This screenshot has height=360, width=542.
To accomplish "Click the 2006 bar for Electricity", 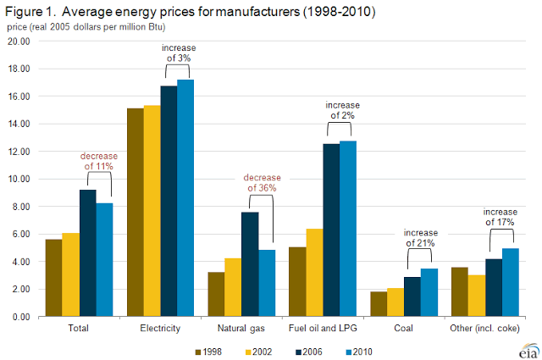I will [169, 202].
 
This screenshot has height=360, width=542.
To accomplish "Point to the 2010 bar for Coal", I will [429, 292].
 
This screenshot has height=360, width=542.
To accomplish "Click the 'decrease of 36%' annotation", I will [262, 183].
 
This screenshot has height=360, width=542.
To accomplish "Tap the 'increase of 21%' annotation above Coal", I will [422, 237].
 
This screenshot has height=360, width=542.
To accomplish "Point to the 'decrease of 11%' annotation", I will [99, 161].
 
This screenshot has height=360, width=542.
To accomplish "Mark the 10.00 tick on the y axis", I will [19, 180].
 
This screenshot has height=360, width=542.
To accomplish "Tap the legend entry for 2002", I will [258, 350].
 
